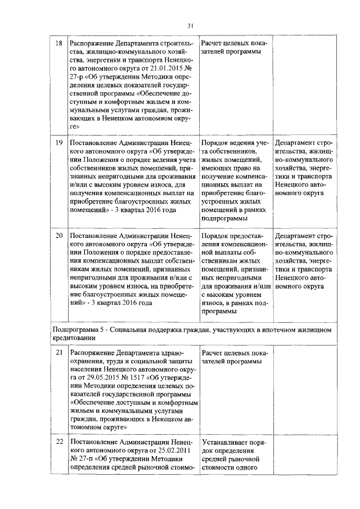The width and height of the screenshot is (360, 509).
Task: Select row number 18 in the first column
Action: click(58, 44)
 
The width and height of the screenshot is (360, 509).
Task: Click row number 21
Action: click(58, 352)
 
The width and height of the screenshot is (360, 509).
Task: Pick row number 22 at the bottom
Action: click(58, 442)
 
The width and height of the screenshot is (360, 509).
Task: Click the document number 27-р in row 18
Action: click(77, 77)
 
